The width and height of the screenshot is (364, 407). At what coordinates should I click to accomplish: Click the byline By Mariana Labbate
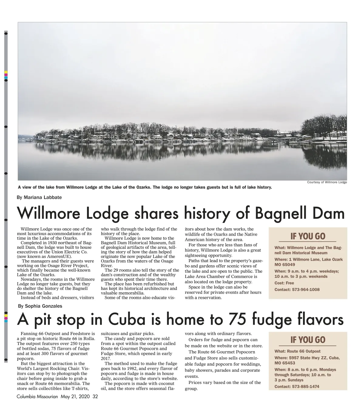point(39,197)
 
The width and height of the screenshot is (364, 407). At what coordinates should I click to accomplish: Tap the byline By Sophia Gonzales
point(40,306)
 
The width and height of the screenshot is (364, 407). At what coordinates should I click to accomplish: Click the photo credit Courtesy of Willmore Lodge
point(327,182)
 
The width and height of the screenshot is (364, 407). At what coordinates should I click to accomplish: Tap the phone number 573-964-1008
point(306,289)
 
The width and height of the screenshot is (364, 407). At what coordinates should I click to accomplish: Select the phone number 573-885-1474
point(306,387)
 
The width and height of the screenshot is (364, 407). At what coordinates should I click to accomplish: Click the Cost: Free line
point(284,283)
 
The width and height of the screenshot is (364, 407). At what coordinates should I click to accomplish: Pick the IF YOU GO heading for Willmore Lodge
point(308,236)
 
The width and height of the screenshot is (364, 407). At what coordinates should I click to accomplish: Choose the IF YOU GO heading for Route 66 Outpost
point(308,340)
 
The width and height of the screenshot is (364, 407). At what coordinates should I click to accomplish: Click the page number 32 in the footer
point(95,397)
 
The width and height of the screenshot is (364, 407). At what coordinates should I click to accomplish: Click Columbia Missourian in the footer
point(38,397)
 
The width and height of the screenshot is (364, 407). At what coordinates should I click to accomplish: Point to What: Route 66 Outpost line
point(297,351)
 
